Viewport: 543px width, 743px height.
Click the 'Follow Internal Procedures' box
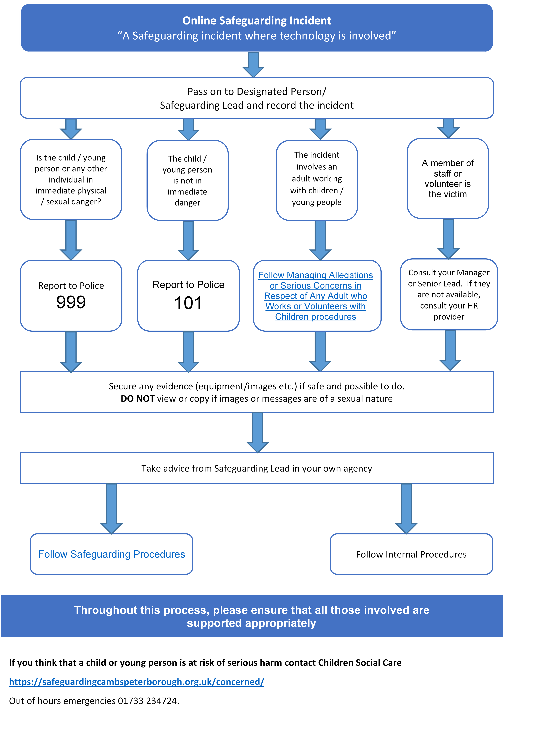coord(411,554)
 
